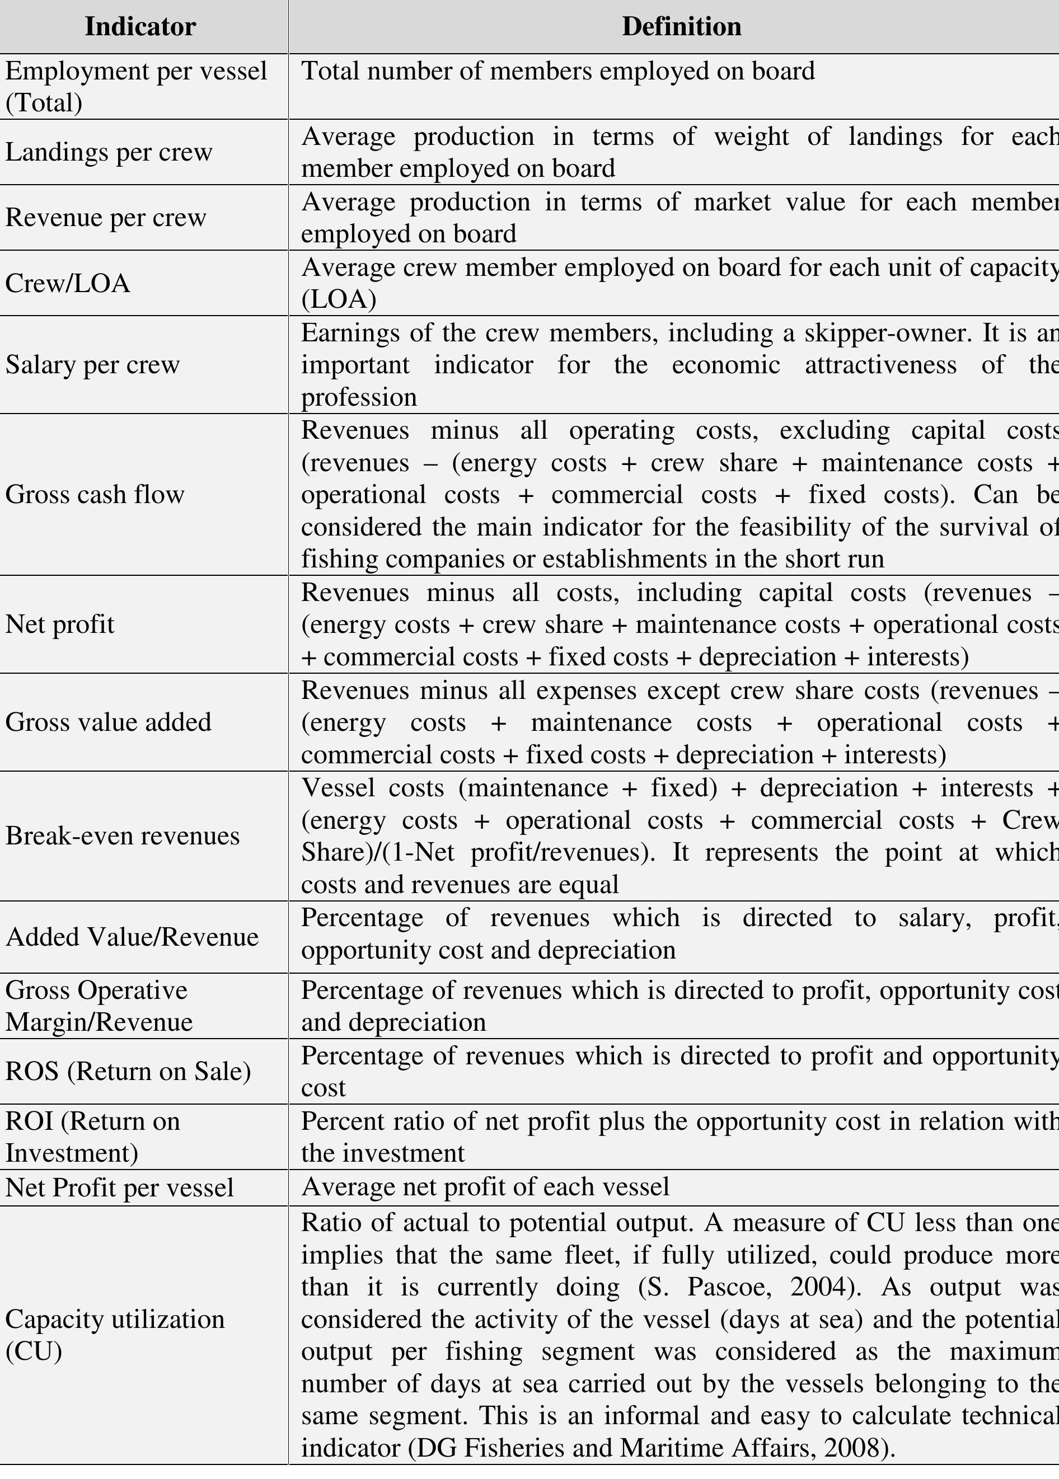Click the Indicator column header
(x=140, y=27)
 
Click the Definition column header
(x=681, y=27)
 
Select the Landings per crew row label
(x=109, y=152)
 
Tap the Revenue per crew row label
(x=106, y=217)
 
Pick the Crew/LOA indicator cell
(x=68, y=283)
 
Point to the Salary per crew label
(x=92, y=364)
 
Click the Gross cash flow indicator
(x=95, y=494)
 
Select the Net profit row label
(x=60, y=624)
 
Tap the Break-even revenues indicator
(x=123, y=835)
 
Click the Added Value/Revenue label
(x=132, y=937)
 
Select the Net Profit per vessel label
(x=120, y=1187)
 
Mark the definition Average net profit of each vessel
(x=486, y=1187)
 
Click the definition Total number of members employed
(x=558, y=71)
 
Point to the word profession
(x=359, y=397)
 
